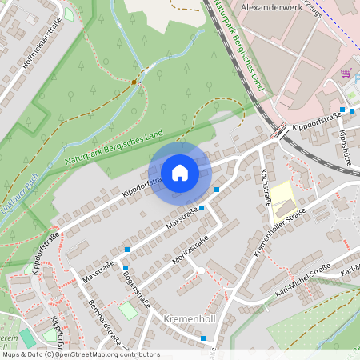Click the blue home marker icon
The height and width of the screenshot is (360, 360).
180,172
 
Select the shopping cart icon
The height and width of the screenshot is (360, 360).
346,72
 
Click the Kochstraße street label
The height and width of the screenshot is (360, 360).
261,186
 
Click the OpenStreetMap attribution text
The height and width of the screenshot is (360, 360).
80,354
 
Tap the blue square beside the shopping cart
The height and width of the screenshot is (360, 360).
342,109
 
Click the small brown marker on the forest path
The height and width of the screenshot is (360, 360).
134,82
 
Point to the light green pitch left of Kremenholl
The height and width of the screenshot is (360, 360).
128,310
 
